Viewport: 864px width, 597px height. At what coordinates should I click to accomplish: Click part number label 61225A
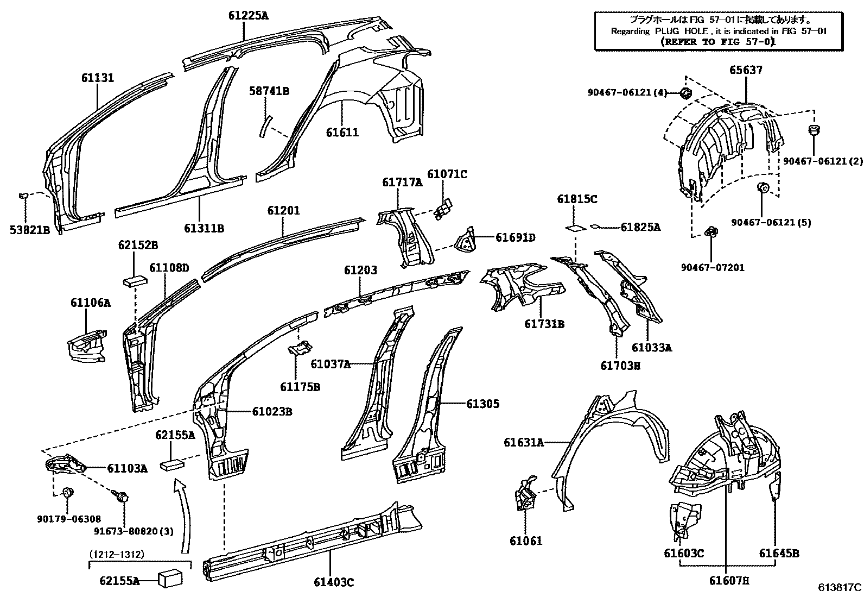(x=248, y=15)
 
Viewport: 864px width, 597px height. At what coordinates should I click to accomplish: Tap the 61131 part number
(x=98, y=78)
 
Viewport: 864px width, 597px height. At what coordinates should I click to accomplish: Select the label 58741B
(x=269, y=91)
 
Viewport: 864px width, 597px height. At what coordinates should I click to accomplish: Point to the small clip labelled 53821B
(x=24, y=194)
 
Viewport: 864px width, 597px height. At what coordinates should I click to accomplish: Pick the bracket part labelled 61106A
(x=87, y=345)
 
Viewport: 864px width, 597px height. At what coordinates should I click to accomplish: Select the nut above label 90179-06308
(x=68, y=493)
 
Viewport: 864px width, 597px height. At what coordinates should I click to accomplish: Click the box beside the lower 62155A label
(x=169, y=579)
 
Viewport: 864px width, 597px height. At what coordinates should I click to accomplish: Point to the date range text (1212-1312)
(x=117, y=554)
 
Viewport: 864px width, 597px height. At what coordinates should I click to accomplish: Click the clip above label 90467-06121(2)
(x=814, y=131)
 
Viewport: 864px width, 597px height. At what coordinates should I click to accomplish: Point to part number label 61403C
(x=333, y=582)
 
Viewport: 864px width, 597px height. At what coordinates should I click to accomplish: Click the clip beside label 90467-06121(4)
(x=685, y=93)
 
